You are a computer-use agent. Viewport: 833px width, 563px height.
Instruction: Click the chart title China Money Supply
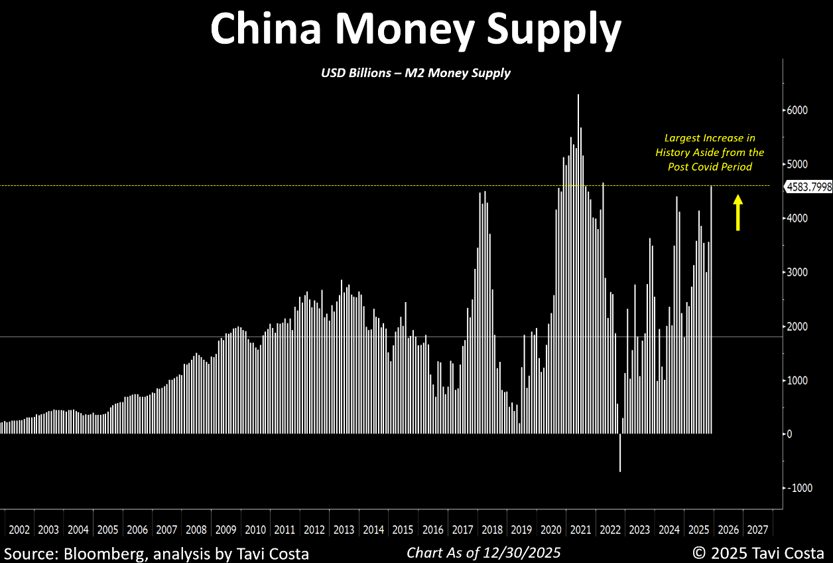416,29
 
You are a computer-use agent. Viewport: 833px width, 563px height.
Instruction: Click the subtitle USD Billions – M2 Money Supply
416,73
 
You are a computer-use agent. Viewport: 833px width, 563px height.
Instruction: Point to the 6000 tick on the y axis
797,110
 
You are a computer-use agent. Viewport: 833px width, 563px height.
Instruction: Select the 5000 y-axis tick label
797,164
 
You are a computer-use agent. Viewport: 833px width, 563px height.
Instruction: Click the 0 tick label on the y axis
789,434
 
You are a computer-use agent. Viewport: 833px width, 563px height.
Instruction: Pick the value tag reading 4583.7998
808,187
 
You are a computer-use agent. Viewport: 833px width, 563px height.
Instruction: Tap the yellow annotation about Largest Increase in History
710,152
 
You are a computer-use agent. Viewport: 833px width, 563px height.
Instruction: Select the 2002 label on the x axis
19,530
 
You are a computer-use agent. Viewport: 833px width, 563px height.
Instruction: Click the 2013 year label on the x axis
344,530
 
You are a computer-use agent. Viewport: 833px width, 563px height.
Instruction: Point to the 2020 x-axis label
550,530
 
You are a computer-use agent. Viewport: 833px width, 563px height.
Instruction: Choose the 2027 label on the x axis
757,530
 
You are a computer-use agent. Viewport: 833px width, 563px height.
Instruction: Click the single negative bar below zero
620,453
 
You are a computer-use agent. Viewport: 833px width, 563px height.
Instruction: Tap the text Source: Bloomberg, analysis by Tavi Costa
157,552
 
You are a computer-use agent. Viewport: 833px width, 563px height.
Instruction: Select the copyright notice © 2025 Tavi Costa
758,552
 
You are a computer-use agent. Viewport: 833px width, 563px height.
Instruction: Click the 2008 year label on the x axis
196,530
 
